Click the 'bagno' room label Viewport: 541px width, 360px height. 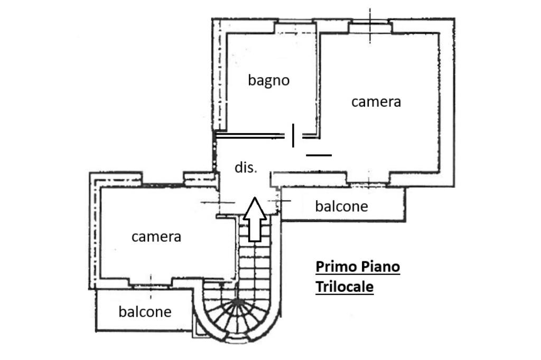click(269, 80)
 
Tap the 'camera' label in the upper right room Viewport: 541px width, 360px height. click(376, 101)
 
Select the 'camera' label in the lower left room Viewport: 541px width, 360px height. click(156, 236)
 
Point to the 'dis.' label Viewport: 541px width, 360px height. click(246, 168)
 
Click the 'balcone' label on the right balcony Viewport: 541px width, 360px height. click(341, 206)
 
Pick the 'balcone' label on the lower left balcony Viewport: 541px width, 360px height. click(145, 311)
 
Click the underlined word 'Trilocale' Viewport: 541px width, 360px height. click(344, 287)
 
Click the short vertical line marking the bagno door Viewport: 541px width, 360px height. click(293, 136)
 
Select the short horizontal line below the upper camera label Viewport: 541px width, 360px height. click(319, 155)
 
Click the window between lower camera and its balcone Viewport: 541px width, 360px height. click(151, 283)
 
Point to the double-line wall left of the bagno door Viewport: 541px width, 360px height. click(248, 136)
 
